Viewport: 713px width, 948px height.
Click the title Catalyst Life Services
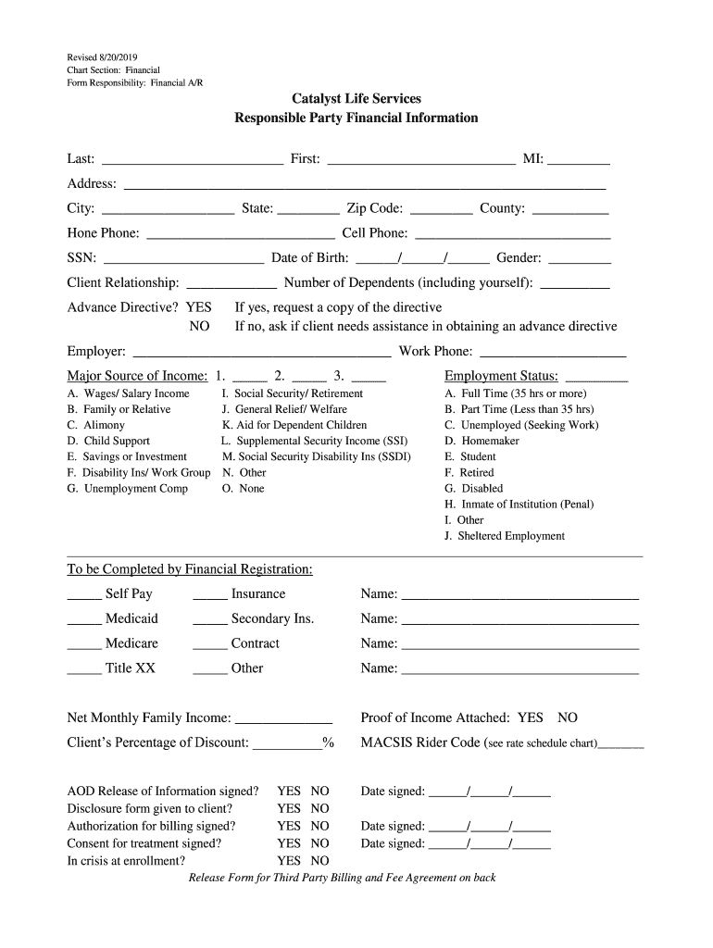click(356, 98)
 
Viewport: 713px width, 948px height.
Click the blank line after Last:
click(193, 160)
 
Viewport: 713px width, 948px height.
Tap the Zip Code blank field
click(441, 210)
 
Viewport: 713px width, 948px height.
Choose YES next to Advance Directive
click(198, 307)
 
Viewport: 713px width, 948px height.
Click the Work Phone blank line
click(553, 354)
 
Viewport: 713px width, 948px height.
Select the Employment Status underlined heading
click(501, 376)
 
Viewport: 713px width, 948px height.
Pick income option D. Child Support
click(108, 441)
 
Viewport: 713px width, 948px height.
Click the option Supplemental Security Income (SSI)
click(315, 441)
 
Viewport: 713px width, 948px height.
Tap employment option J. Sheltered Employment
click(505, 536)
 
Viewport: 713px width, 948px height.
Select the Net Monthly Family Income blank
click(284, 719)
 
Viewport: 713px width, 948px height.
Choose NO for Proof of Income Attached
click(568, 717)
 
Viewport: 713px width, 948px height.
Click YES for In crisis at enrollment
click(289, 860)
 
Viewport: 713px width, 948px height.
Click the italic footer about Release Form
click(343, 878)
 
